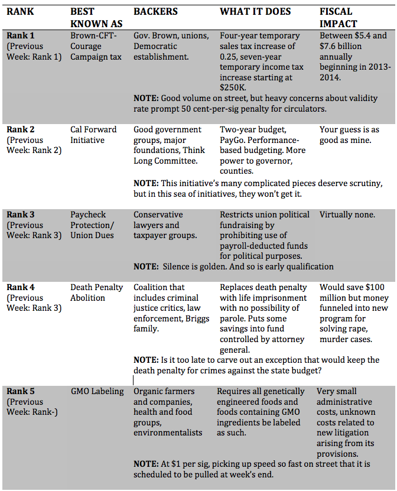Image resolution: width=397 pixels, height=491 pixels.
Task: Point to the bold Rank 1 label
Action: click(x=21, y=35)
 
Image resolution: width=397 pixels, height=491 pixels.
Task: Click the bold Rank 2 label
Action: click(x=21, y=129)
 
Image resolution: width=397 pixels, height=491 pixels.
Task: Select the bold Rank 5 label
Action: click(x=21, y=391)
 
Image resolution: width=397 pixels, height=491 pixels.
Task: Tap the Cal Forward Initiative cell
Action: click(x=93, y=135)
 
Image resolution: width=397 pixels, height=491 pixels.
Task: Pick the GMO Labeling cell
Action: click(x=97, y=391)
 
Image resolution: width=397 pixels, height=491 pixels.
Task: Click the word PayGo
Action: click(x=233, y=140)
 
